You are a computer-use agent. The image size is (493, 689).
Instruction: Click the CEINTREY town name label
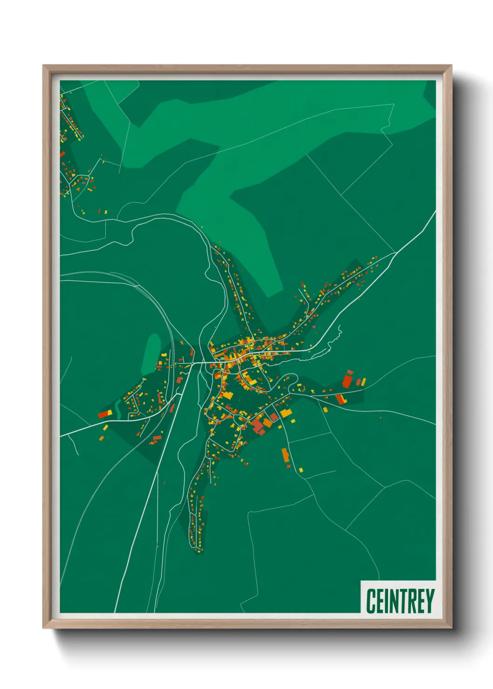coord(399,601)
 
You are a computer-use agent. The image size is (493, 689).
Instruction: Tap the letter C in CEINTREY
coord(371,601)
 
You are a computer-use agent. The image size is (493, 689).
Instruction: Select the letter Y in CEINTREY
coord(429,601)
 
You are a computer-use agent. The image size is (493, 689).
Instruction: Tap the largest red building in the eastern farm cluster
coord(347,381)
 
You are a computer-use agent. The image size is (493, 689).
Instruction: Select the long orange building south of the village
coord(285,454)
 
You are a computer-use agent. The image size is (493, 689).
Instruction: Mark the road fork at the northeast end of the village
coord(395,253)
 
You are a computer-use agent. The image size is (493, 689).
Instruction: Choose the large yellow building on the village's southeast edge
coord(285,412)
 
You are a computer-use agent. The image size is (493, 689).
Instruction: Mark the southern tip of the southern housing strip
coord(199,550)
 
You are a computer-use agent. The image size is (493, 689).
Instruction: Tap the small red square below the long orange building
coord(288,466)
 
